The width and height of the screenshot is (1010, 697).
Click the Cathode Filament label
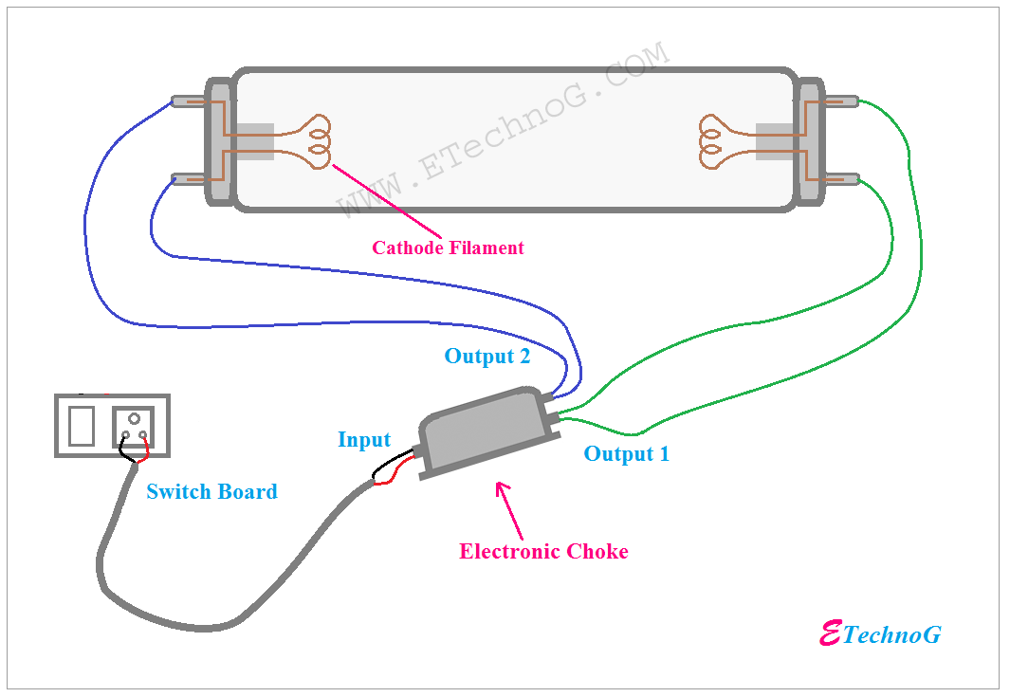click(448, 248)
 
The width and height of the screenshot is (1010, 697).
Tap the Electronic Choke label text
click(543, 552)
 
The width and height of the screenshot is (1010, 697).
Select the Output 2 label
click(487, 357)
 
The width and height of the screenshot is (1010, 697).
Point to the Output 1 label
click(626, 454)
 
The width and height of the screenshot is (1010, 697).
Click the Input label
click(364, 440)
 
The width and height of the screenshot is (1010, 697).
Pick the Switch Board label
click(211, 492)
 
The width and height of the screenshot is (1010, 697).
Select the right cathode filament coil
click(713, 141)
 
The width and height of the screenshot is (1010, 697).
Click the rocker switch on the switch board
click(83, 426)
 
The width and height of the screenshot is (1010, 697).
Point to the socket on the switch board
click(133, 426)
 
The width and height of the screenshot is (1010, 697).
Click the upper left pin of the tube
click(185, 101)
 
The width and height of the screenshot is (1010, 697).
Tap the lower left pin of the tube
click(185, 178)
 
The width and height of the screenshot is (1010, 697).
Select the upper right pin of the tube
click(843, 101)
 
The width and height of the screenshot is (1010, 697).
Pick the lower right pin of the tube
click(843, 178)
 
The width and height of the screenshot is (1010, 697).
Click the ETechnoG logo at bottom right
click(879, 634)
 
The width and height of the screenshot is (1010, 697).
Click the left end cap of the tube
click(219, 140)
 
